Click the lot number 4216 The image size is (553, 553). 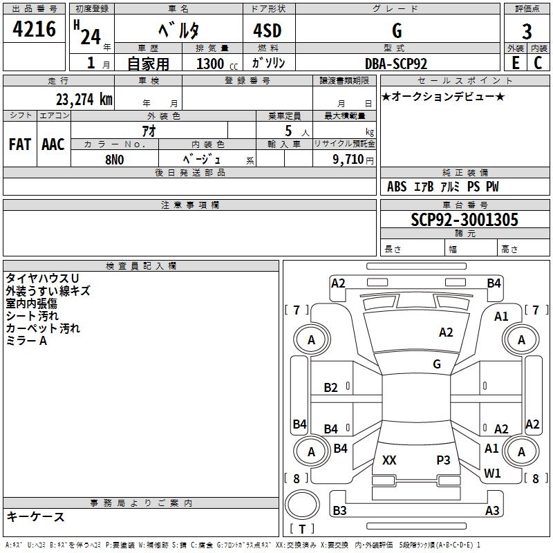[34, 29]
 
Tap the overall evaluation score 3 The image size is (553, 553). [527, 32]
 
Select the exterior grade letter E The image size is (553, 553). [515, 63]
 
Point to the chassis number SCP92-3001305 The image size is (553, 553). [465, 220]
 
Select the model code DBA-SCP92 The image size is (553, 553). [396, 64]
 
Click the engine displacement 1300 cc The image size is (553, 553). [210, 64]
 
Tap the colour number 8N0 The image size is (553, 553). [114, 158]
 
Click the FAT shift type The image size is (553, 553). [19, 144]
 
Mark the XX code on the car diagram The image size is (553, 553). [389, 460]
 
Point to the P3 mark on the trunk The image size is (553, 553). [443, 460]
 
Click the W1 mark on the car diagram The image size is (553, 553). [492, 474]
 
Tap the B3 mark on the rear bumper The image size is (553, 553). [339, 511]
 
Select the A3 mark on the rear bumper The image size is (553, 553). [492, 511]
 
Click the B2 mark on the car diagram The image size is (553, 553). [331, 388]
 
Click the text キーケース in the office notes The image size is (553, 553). [35, 517]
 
